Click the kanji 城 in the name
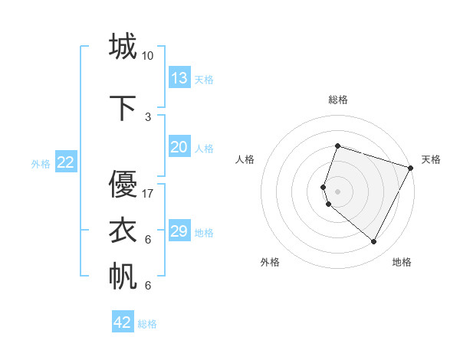point(123,47)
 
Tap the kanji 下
point(123,108)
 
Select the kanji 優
point(123,185)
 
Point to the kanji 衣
point(123,231)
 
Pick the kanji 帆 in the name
point(123,277)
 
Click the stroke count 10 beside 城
point(148,56)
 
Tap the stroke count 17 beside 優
point(148,194)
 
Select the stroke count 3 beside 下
point(148,117)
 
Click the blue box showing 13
point(179,78)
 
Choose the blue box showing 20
point(179,147)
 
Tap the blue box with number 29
point(179,231)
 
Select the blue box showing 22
point(66,162)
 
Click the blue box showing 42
point(123,322)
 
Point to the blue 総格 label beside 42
point(148,324)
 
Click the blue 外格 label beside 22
point(41,163)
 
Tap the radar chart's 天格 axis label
point(431,159)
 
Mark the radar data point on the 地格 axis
point(373,242)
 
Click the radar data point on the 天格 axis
point(411,167)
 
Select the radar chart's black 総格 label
point(338,100)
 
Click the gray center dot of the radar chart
point(338,191)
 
